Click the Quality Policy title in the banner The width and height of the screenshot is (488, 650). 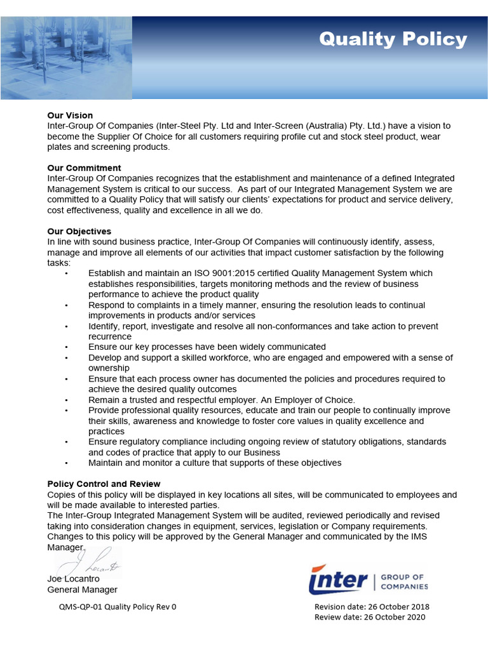pos(393,39)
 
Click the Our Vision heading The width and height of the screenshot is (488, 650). pos(70,116)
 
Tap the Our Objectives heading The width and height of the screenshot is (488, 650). pos(79,232)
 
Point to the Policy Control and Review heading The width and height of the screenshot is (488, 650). pos(104,484)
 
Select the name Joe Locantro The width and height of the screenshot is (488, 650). pos(73,579)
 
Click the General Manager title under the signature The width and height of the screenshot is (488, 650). pos(82,590)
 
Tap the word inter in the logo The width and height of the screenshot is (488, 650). pos(338,580)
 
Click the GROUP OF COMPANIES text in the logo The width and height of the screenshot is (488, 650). pos(405,581)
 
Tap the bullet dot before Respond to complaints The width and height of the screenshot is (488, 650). pos(67,305)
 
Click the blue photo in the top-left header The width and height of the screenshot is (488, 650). pos(65,57)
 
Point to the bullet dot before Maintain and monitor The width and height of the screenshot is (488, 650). pos(67,463)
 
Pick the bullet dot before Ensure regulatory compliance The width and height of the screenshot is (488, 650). pos(67,442)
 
